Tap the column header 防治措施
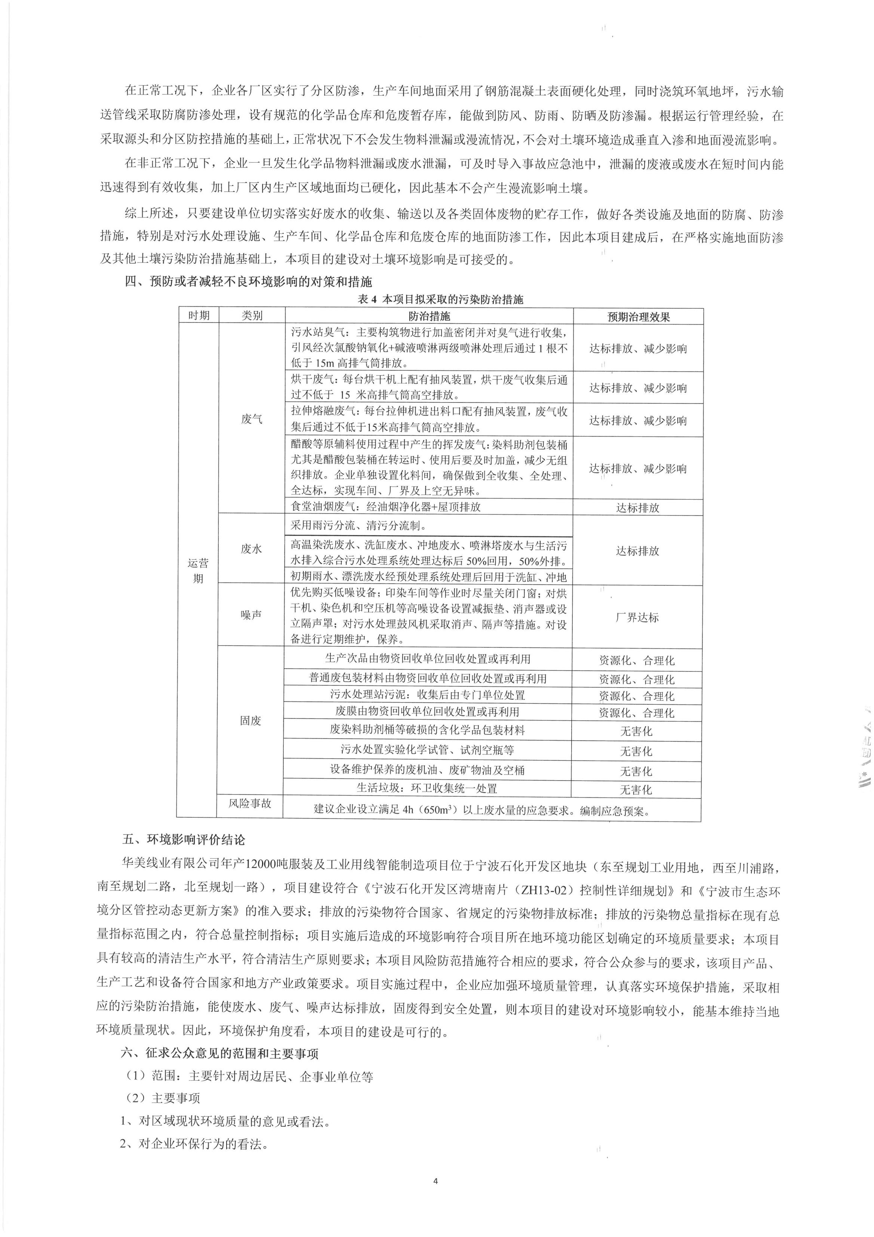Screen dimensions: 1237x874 tap(429, 316)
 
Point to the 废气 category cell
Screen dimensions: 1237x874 tap(252, 419)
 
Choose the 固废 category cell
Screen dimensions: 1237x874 tap(250, 721)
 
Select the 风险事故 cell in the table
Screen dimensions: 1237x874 tap(250, 804)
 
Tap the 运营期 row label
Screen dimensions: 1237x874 tap(198, 570)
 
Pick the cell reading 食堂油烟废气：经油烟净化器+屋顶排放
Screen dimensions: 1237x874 tap(385, 507)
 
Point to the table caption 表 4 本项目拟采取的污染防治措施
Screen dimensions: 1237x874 tap(440, 300)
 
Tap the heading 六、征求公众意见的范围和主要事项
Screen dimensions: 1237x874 tap(221, 1053)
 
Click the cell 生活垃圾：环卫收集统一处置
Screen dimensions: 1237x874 tap(427, 788)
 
